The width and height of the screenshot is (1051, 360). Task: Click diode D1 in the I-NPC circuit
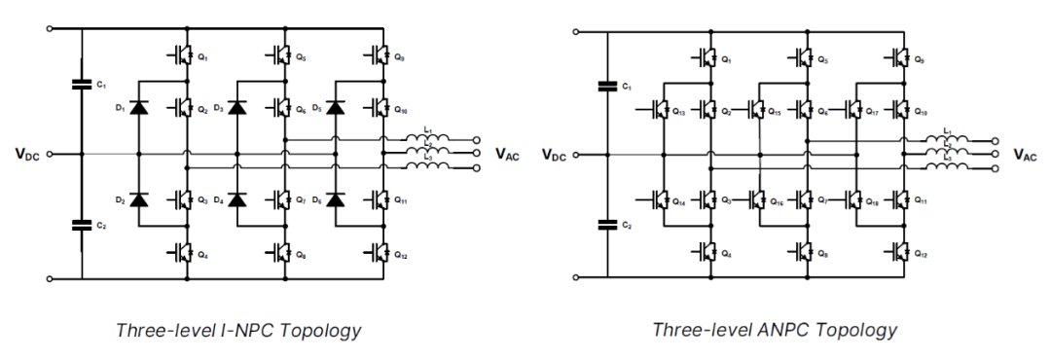pyautogui.click(x=139, y=107)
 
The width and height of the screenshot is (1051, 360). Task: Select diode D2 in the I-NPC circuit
pyautogui.click(x=139, y=200)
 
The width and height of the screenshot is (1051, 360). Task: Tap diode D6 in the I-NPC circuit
pyautogui.click(x=337, y=200)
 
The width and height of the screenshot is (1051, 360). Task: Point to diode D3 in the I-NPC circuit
pyautogui.click(x=237, y=107)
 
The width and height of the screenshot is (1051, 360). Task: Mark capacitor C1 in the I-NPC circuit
pyautogui.click(x=81, y=85)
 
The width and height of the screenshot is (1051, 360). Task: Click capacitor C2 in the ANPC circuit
pyautogui.click(x=607, y=225)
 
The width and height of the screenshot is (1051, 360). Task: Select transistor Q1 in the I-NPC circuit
pyautogui.click(x=183, y=56)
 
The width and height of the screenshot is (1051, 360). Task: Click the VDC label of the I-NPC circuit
pyautogui.click(x=29, y=154)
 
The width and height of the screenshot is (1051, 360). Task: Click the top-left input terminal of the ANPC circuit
pyautogui.click(x=576, y=30)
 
